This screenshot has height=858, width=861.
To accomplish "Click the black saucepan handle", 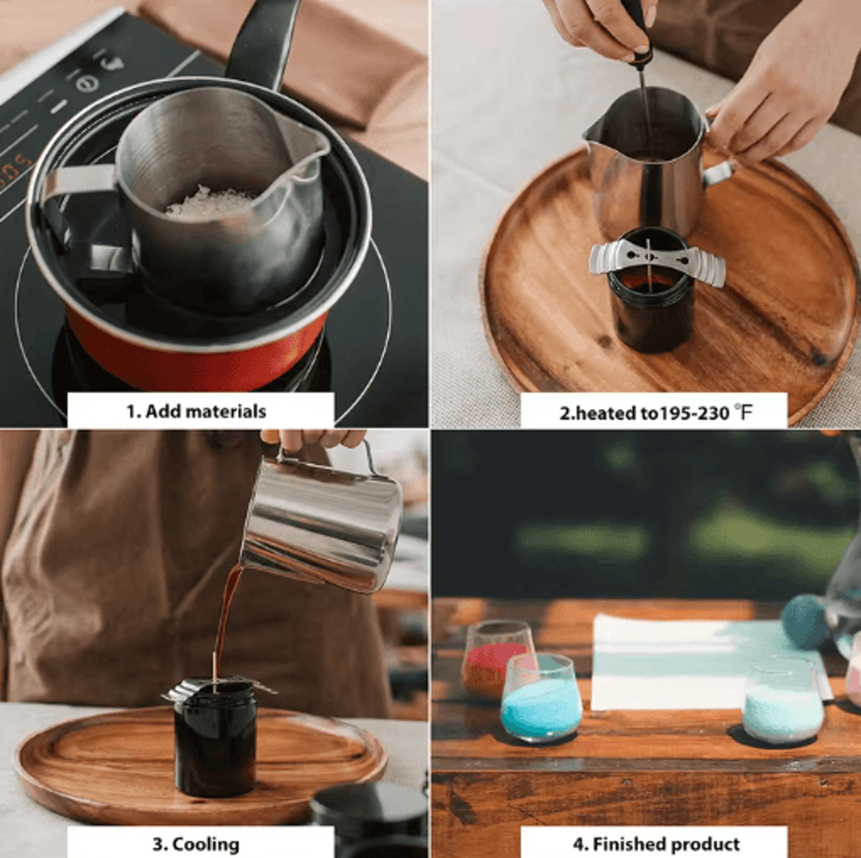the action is [263, 42].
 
